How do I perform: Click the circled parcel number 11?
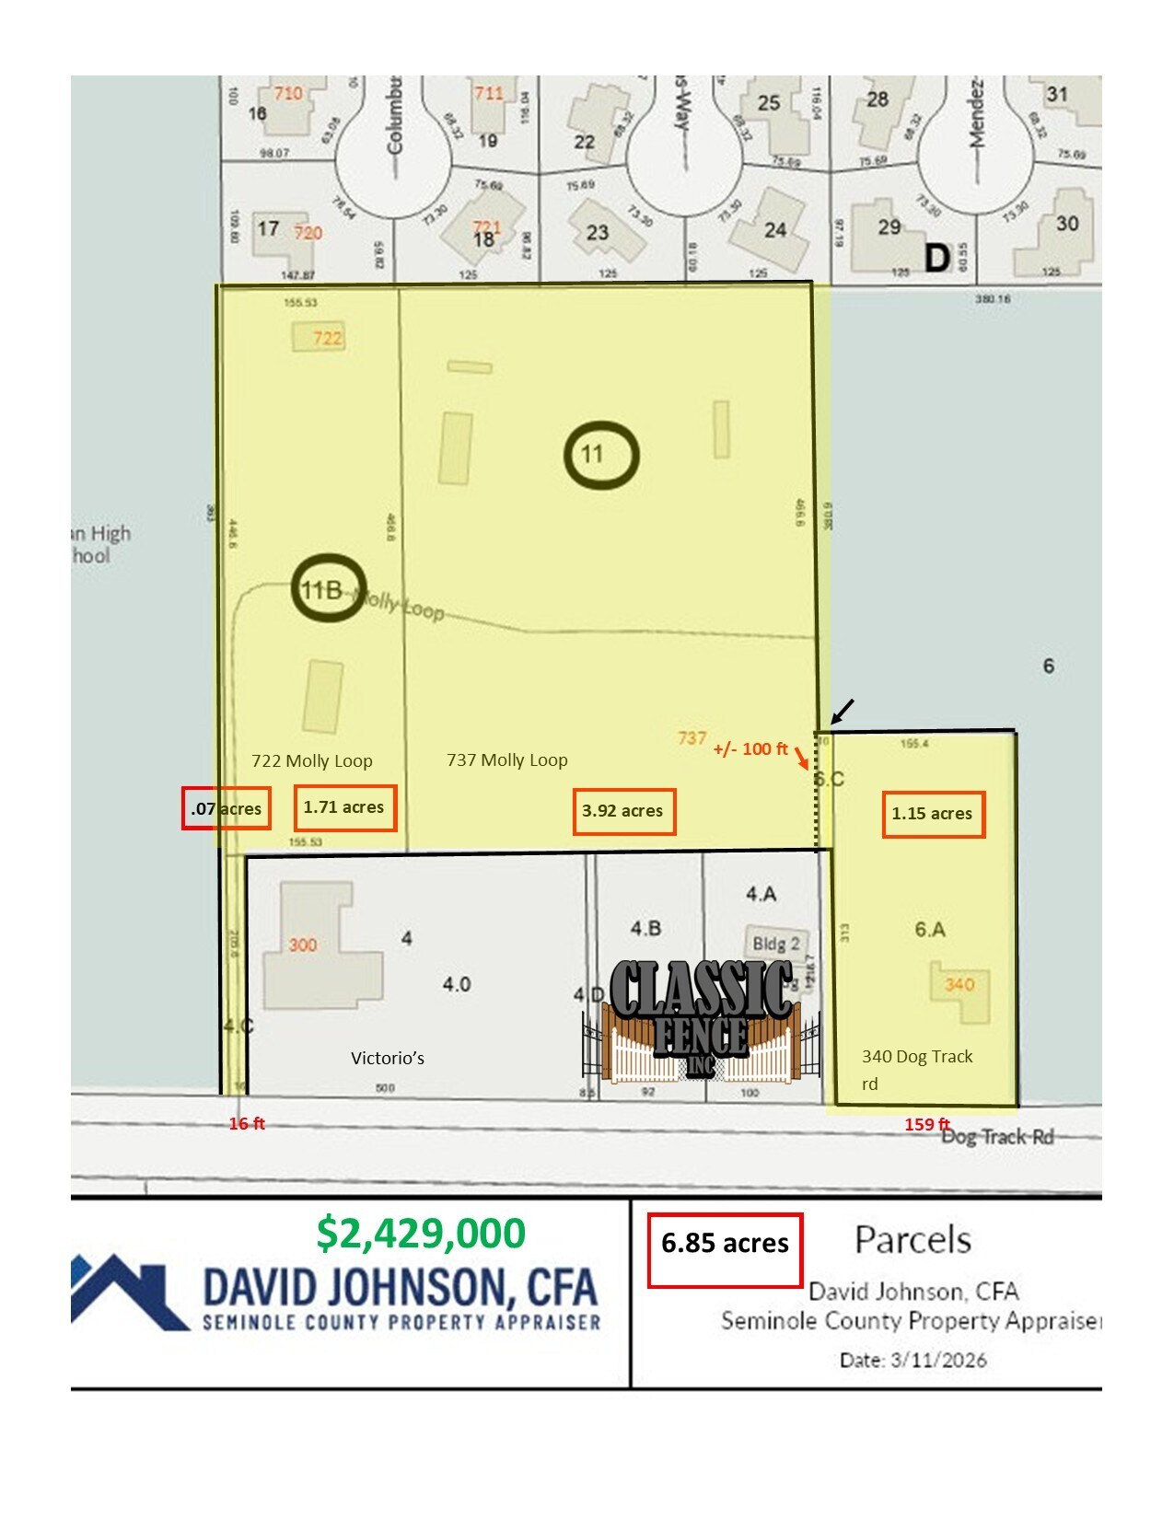click(x=600, y=454)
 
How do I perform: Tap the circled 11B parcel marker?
click(x=328, y=588)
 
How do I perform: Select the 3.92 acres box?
click(x=623, y=811)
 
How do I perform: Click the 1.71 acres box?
click(x=344, y=807)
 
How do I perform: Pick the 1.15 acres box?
click(x=933, y=814)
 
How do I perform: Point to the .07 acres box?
click(x=226, y=809)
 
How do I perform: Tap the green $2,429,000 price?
click(x=421, y=1234)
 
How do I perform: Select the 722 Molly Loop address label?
click(x=312, y=761)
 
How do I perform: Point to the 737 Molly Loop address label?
click(x=507, y=760)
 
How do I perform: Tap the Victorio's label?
click(x=388, y=1059)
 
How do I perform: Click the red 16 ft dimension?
click(x=247, y=1123)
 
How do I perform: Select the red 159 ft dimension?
click(x=926, y=1124)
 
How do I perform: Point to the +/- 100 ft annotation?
click(x=750, y=749)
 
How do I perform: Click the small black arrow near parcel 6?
click(x=843, y=711)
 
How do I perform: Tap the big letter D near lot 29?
click(x=936, y=258)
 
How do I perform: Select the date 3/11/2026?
click(x=912, y=1360)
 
